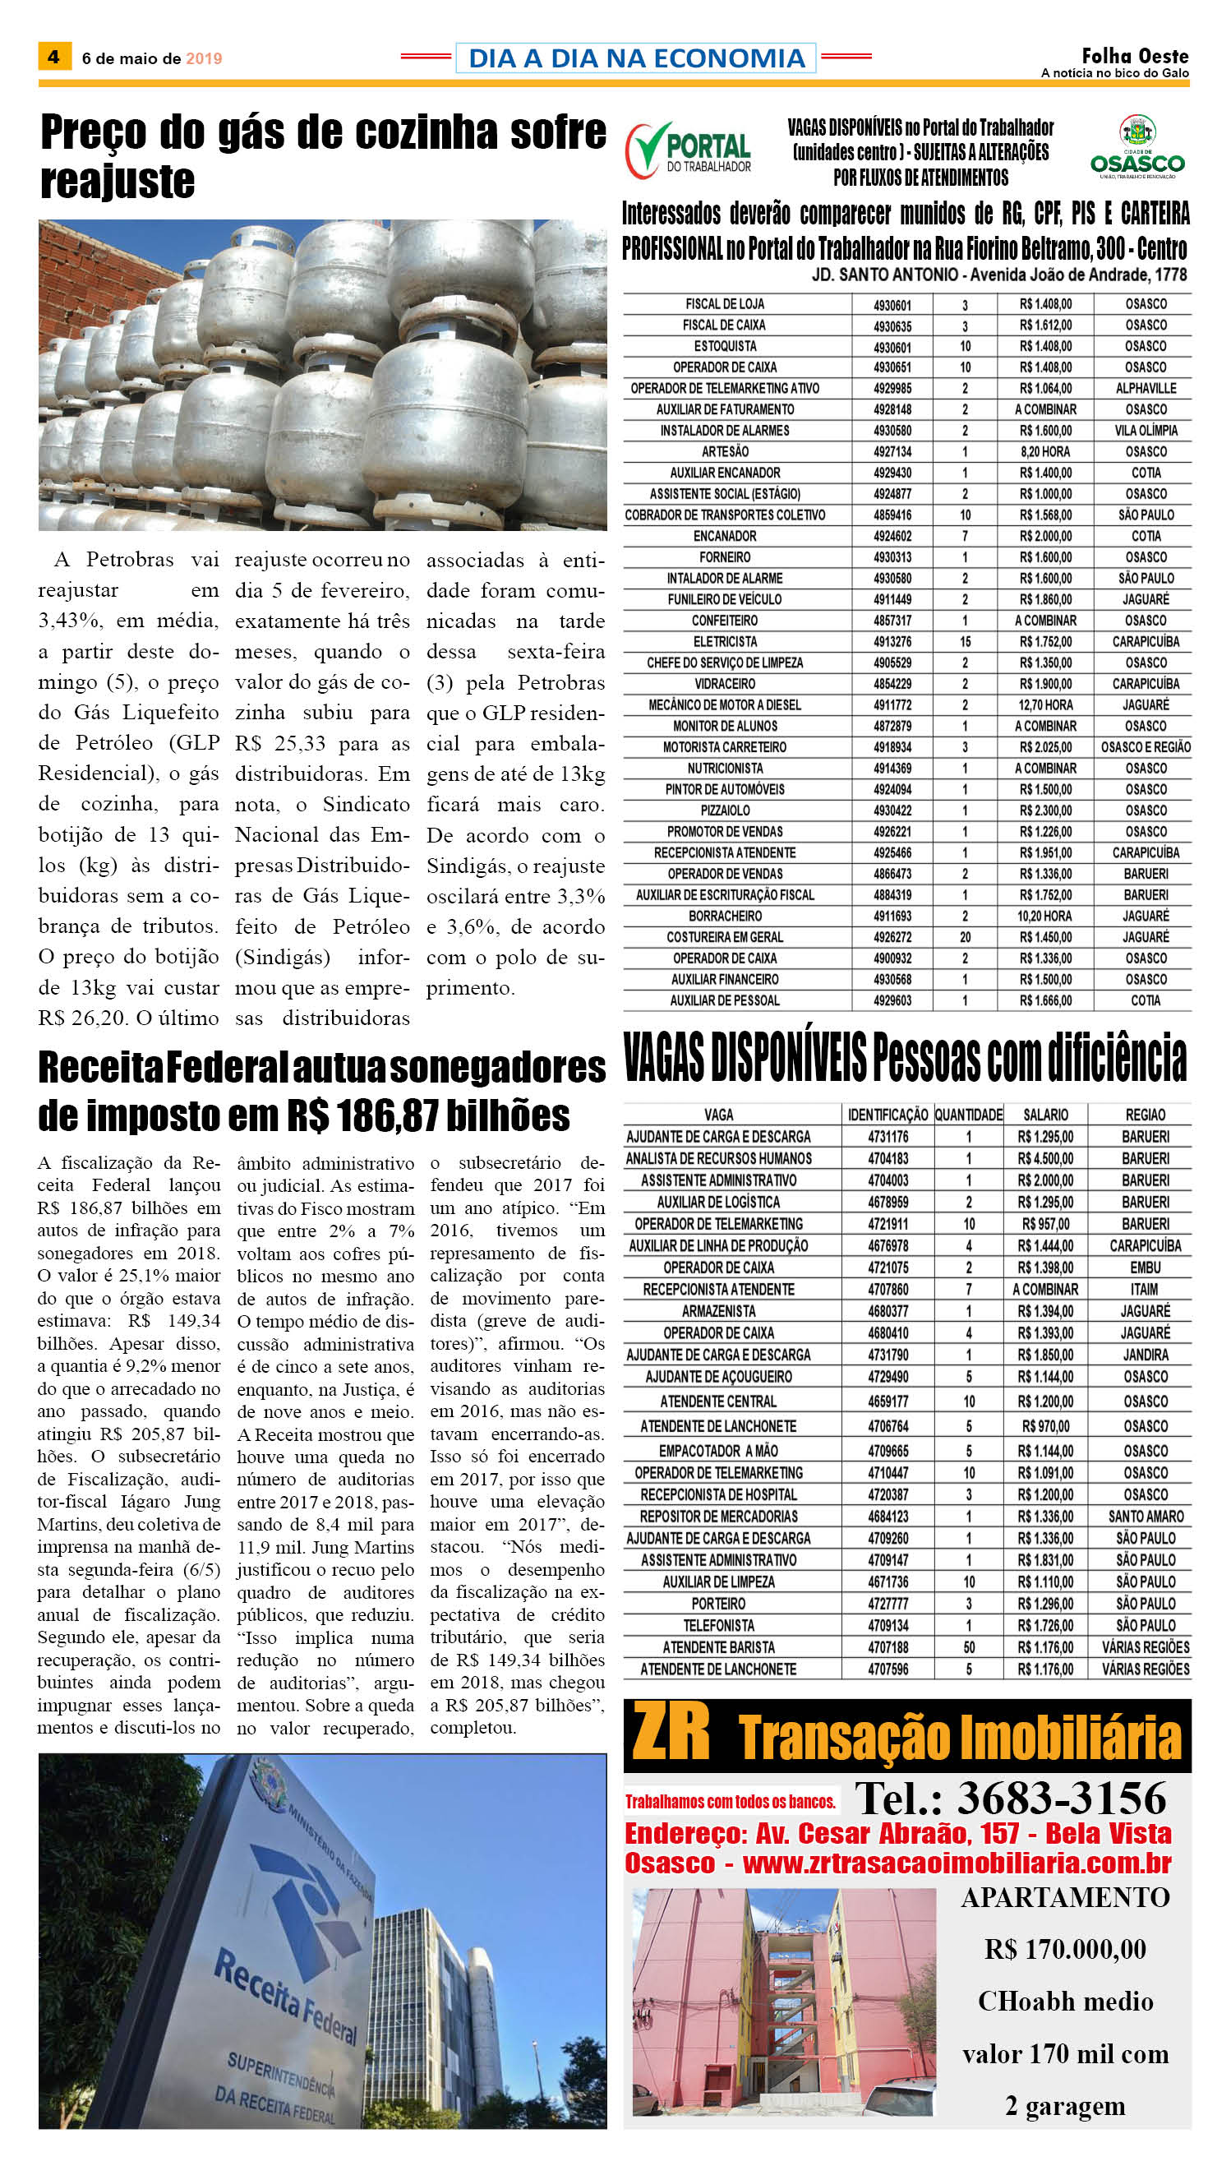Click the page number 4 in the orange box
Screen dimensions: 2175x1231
[x=53, y=57]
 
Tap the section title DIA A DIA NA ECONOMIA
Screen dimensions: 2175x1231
[x=636, y=58]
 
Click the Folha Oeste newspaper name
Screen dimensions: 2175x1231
[x=1135, y=57]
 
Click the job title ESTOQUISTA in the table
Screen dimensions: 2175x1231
[x=725, y=346]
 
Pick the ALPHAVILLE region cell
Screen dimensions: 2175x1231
[x=1146, y=388]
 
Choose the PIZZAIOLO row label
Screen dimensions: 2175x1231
[x=725, y=810]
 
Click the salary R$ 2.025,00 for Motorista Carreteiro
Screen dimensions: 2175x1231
[x=1045, y=747]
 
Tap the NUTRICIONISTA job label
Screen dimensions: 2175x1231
[x=725, y=768]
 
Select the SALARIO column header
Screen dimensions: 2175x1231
[x=1045, y=1115]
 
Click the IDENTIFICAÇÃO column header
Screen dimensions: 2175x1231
[x=888, y=1115]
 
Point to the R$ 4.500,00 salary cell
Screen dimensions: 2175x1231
[x=1045, y=1158]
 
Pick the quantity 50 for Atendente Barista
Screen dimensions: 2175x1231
[x=969, y=1646]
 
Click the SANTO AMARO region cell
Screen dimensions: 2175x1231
[x=1146, y=1517]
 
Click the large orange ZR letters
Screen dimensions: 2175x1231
[x=671, y=1733]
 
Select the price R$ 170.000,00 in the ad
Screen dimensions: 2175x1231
[x=1065, y=1948]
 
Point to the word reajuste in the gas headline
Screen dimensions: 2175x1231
[x=118, y=180]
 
